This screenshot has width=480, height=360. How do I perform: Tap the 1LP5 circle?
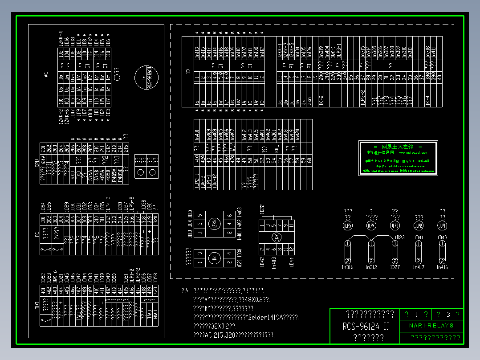click(348, 226)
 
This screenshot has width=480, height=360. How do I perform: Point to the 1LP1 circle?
click(442, 226)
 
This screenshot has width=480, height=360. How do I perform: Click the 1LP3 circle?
click(395, 226)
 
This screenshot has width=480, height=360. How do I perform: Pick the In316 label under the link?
click(347, 267)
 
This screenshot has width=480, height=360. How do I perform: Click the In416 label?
click(442, 267)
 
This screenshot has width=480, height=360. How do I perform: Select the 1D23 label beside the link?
click(399, 237)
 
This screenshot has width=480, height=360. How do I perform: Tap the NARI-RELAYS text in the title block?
click(431, 326)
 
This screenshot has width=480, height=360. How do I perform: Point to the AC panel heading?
click(46, 75)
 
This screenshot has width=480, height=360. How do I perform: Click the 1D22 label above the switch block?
click(262, 209)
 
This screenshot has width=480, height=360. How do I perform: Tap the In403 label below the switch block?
click(273, 262)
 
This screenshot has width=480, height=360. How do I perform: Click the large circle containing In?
click(146, 78)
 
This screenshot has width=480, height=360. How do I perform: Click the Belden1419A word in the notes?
click(266, 317)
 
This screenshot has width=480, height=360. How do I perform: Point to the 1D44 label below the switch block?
click(291, 262)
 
